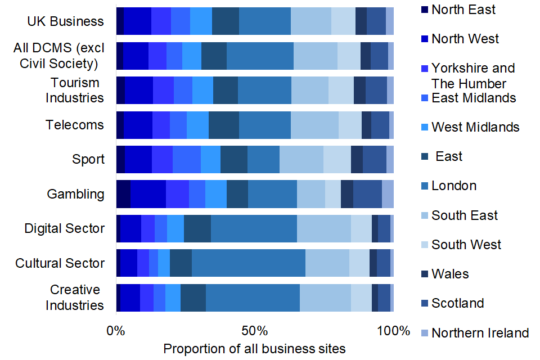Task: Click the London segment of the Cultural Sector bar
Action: [248, 263]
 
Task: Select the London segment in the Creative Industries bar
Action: [253, 298]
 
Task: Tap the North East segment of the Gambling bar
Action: [123, 194]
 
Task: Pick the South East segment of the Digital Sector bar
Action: [323, 228]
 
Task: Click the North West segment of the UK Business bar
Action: [137, 21]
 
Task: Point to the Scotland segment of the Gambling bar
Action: [367, 194]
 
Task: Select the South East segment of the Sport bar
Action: [301, 159]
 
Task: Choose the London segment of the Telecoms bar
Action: [265, 125]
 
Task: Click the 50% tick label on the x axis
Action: [254, 331]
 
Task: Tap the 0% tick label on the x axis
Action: [116, 331]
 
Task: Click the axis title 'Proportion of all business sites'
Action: [254, 349]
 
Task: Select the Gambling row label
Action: [75, 194]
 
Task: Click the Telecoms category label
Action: [75, 124]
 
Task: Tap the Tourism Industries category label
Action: [75, 90]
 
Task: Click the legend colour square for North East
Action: [424, 10]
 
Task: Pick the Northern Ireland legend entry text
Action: [480, 332]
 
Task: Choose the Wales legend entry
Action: [450, 274]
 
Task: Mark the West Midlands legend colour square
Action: [424, 127]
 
